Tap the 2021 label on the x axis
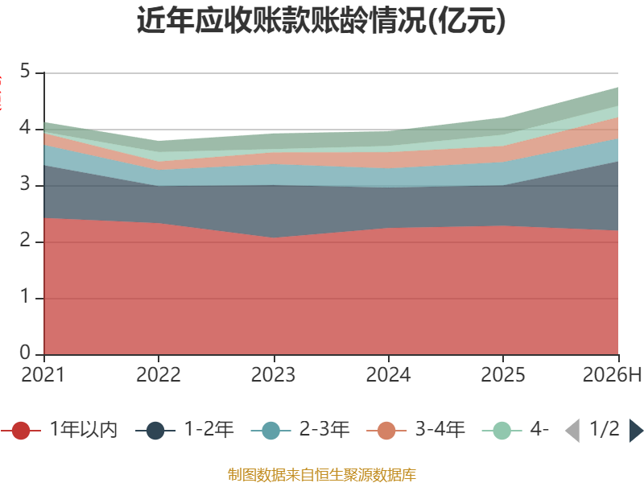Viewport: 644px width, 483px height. click(x=43, y=375)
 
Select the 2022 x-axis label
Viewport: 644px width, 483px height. click(x=159, y=375)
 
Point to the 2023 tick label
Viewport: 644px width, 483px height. click(x=274, y=375)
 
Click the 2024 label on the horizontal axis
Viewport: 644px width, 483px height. click(x=389, y=375)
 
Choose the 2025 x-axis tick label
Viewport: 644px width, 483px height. click(x=503, y=375)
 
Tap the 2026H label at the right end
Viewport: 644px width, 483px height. click(x=612, y=375)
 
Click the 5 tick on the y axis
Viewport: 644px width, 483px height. click(x=26, y=71)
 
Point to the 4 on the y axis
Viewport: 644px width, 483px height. click(x=25, y=128)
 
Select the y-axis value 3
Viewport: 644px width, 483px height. click(x=26, y=184)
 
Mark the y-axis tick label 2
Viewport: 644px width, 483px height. click(x=26, y=240)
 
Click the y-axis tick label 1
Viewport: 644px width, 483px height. click(x=26, y=296)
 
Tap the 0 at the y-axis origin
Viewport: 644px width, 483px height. click(x=26, y=353)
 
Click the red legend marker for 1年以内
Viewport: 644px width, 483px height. click(x=21, y=431)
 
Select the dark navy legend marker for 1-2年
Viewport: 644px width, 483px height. click(x=155, y=431)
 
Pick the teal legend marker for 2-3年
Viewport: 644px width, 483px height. click(x=270, y=431)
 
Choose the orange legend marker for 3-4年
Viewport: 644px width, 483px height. click(x=386, y=431)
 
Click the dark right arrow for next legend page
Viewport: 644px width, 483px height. click(x=636, y=431)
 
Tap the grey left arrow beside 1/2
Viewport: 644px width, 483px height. click(x=572, y=431)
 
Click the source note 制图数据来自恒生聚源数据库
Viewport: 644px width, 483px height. click(x=322, y=475)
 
